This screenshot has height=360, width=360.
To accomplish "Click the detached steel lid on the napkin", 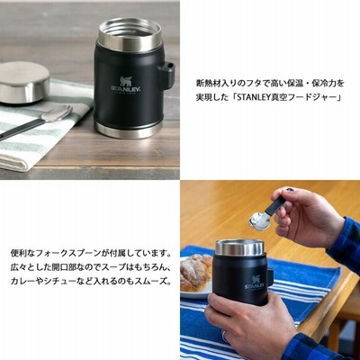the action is (x=24, y=83).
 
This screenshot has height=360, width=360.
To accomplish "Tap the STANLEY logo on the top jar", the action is (x=126, y=85).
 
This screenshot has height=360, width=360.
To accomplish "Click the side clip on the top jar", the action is (x=166, y=75).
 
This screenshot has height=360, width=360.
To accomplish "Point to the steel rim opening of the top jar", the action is (x=130, y=32).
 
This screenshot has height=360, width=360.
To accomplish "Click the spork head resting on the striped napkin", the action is (x=58, y=113).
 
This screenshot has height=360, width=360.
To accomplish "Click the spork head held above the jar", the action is (x=260, y=220).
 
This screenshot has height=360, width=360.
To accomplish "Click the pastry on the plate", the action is (x=195, y=272).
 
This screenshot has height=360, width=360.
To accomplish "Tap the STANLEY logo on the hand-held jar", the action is (x=256, y=283).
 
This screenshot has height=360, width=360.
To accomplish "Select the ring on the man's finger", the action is (x=225, y=336).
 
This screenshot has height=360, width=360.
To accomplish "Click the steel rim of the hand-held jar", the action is (x=239, y=248).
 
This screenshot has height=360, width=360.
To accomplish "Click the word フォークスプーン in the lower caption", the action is (x=72, y=255).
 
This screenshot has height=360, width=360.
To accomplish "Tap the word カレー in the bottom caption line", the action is (x=22, y=282).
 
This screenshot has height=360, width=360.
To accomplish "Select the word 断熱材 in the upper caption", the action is (x=207, y=83).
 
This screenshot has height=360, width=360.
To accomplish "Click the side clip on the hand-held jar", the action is (x=271, y=277).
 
